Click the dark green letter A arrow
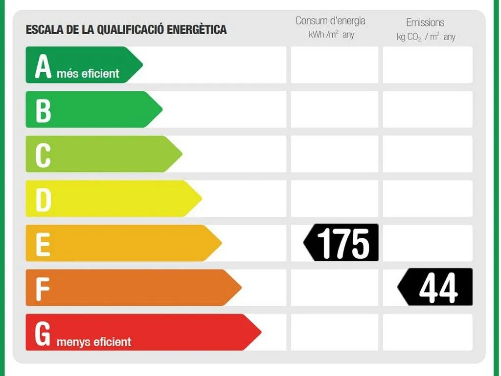(x=84, y=65)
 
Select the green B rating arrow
(x=94, y=109)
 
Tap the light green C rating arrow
(x=104, y=154)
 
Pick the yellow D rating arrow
(x=114, y=198)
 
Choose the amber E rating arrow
(x=124, y=243)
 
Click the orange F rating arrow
(x=134, y=288)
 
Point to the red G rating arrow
(x=143, y=333)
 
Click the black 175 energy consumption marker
(x=341, y=243)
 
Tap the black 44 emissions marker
(x=435, y=287)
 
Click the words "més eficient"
(x=88, y=74)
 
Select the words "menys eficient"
(x=94, y=342)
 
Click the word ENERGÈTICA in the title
(x=197, y=29)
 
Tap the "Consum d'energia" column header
(x=330, y=21)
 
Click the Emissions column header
(x=425, y=22)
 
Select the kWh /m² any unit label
(x=331, y=35)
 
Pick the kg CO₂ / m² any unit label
(x=426, y=37)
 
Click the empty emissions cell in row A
(x=428, y=65)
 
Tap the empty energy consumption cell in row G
(x=335, y=333)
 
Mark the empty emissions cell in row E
(x=428, y=243)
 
